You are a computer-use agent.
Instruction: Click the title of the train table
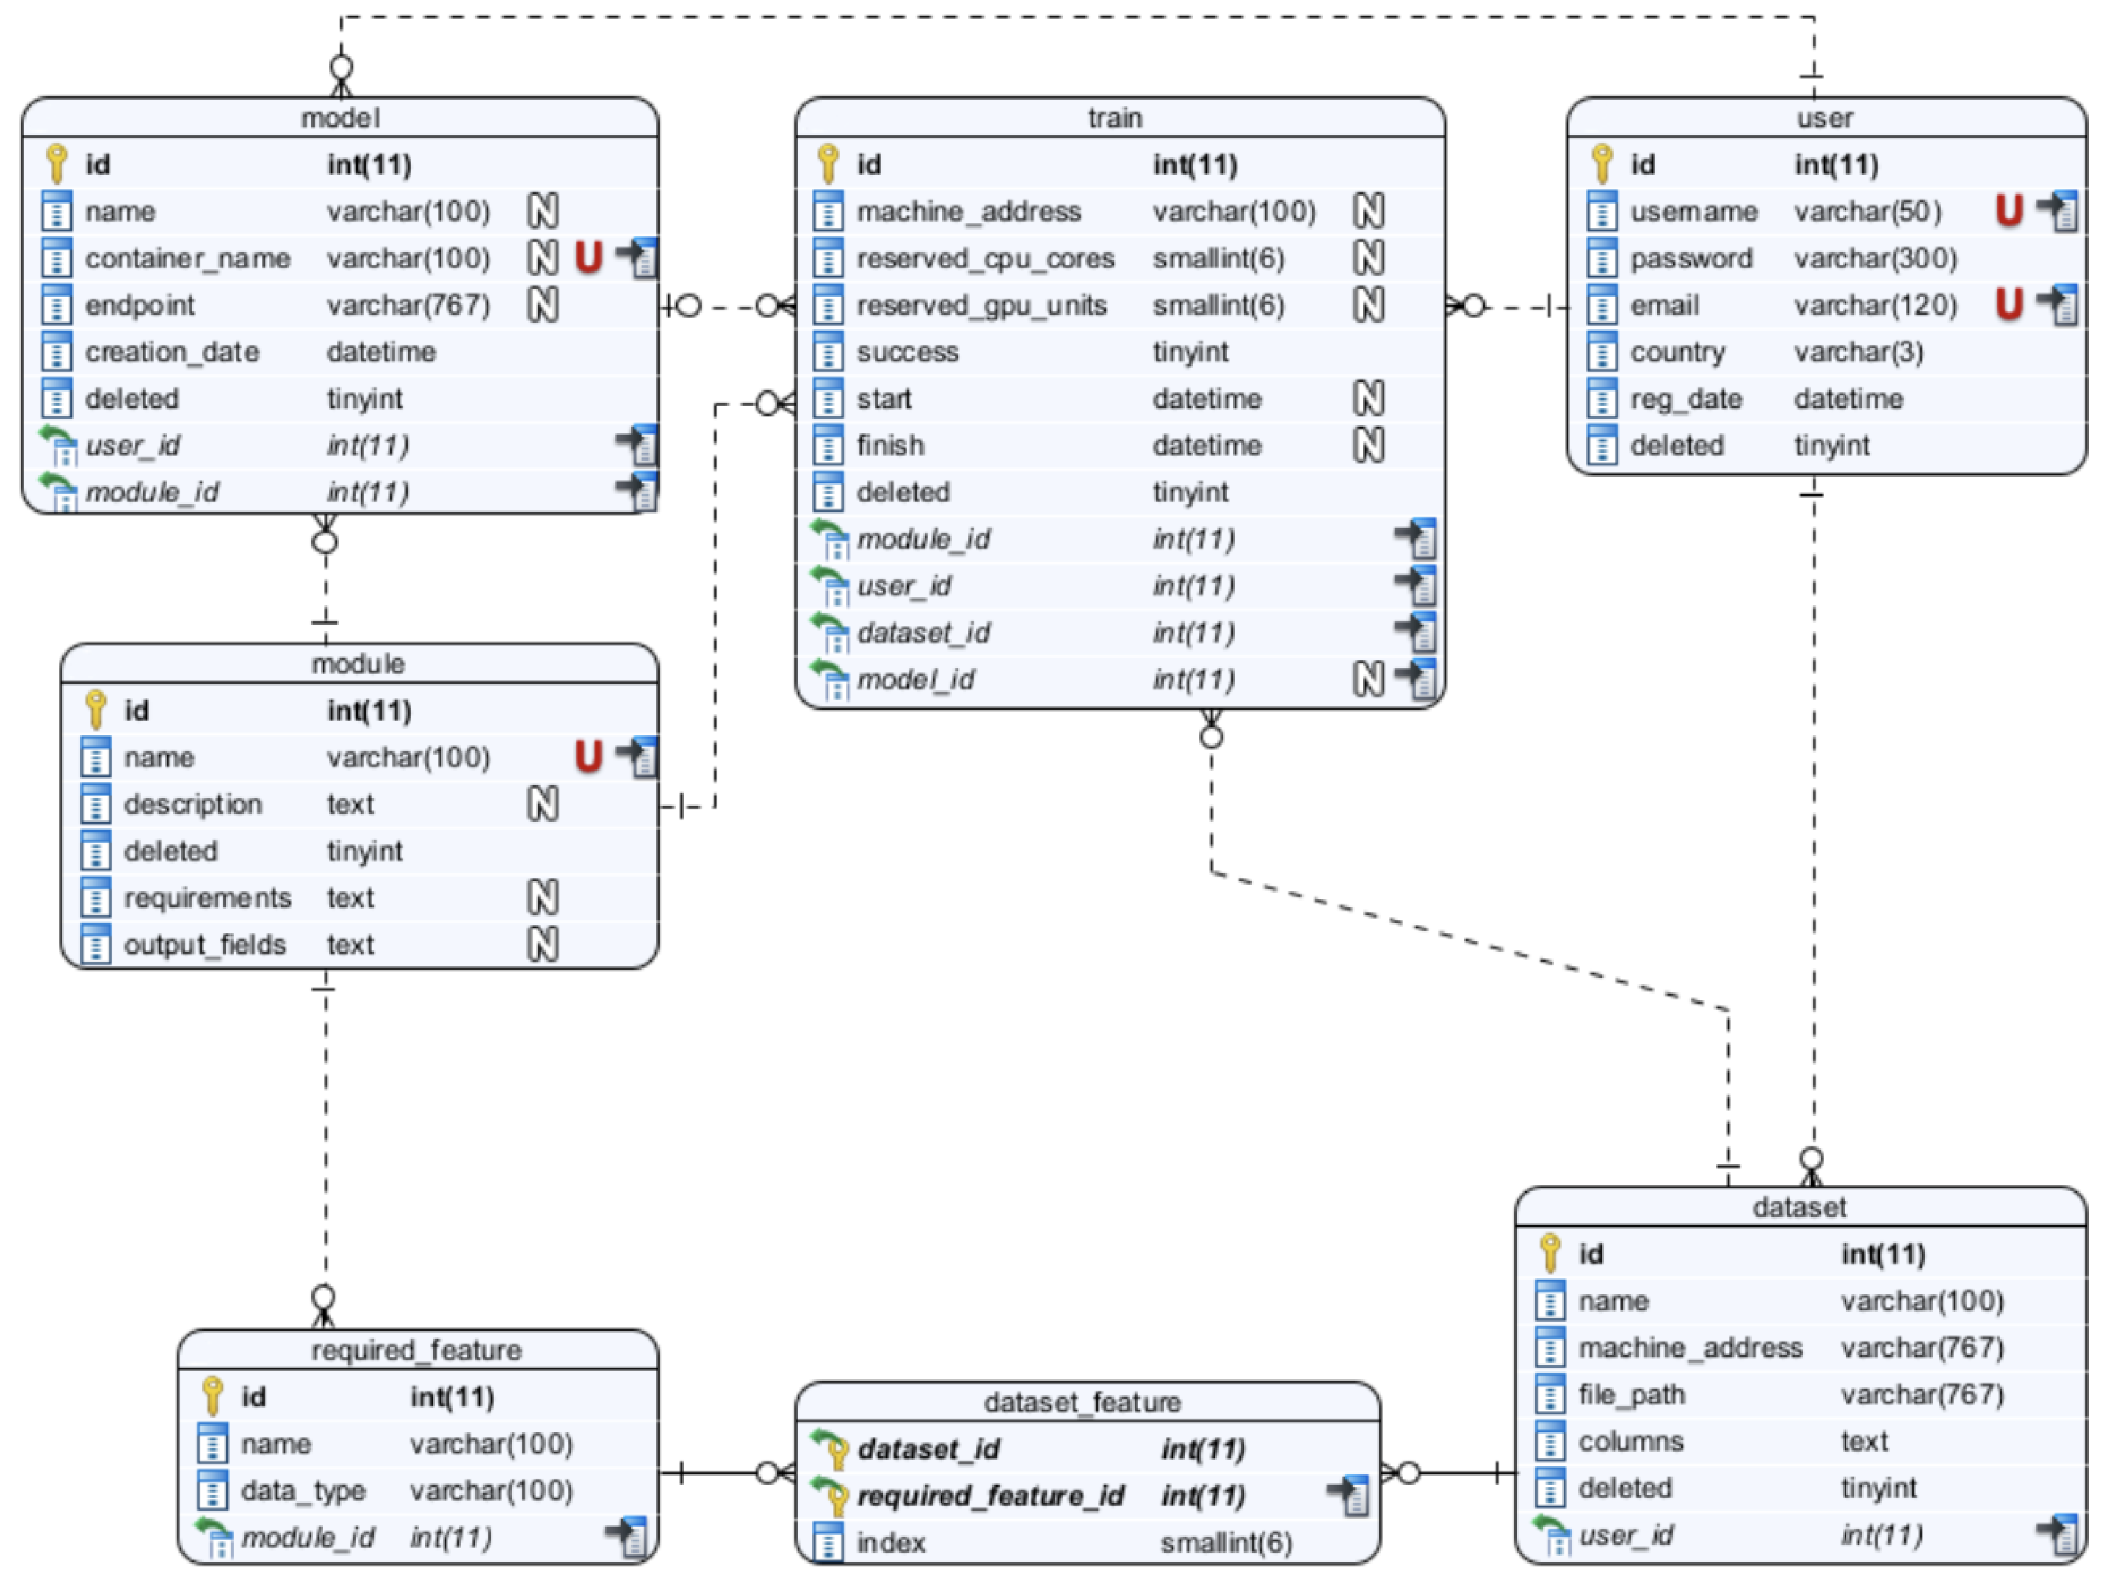[1114, 117]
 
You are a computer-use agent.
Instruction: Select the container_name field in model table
[187, 258]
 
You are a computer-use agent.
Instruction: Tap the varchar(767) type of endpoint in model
[408, 305]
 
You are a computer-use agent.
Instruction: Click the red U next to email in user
[2008, 304]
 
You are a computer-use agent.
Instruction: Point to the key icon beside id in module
[94, 710]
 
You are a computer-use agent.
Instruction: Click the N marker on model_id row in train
[1368, 679]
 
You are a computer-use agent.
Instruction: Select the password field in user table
[1691, 258]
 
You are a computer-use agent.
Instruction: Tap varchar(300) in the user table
[1874, 258]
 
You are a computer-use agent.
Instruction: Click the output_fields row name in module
[204, 945]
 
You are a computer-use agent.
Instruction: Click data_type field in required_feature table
[303, 1490]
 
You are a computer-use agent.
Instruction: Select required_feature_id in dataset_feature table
[990, 1495]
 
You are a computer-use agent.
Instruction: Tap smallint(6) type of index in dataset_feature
[1226, 1543]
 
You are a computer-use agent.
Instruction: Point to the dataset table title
[1798, 1207]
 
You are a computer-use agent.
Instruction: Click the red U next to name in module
[587, 757]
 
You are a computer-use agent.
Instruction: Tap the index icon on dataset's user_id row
[2058, 1534]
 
